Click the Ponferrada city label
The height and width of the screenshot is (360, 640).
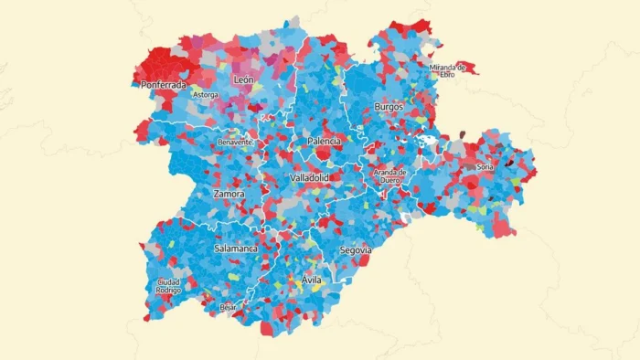[x=165, y=85]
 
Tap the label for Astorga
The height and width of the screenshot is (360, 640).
[x=204, y=94]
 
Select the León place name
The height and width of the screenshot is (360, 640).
[x=243, y=80]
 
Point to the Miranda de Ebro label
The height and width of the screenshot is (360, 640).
[x=448, y=70]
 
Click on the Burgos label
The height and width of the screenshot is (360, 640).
[x=389, y=107]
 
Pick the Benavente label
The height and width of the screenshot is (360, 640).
[x=236, y=143]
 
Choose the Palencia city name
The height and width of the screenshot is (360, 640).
[x=325, y=142]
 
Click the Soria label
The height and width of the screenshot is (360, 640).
[x=485, y=167]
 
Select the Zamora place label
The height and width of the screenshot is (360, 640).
[x=229, y=194]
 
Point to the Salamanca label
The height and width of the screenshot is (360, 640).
[x=236, y=248]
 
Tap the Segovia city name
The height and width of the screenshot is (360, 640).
[x=355, y=249]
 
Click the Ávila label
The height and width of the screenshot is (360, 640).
[x=311, y=280]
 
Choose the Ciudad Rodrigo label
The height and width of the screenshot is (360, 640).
[x=168, y=286]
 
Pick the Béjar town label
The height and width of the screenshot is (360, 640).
[x=229, y=308]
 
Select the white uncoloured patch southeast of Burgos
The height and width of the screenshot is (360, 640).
[x=426, y=142]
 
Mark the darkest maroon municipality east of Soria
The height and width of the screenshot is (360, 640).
[x=508, y=164]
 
